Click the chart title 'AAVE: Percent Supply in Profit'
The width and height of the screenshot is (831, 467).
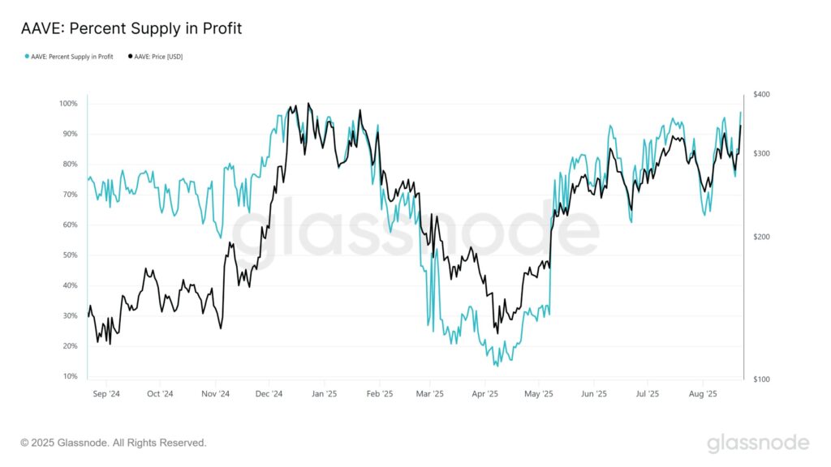pyautogui.click(x=131, y=28)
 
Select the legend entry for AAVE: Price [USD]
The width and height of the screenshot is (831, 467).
pyautogui.click(x=155, y=57)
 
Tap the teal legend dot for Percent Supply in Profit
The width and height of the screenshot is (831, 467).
pyautogui.click(x=28, y=57)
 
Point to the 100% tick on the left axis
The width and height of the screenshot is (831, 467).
pyautogui.click(x=67, y=104)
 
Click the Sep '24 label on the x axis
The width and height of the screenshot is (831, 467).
pyautogui.click(x=106, y=395)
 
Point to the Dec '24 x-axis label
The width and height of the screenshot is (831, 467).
pyautogui.click(x=269, y=395)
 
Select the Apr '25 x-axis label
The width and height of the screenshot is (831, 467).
pyautogui.click(x=484, y=395)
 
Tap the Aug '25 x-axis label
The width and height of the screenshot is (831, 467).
pyautogui.click(x=703, y=395)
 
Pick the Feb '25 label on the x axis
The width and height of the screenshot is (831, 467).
pyautogui.click(x=380, y=395)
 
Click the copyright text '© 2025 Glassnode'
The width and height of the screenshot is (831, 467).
pyautogui.click(x=114, y=443)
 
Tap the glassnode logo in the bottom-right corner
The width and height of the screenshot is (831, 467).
pyautogui.click(x=758, y=443)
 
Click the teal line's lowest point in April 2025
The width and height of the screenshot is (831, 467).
pyautogui.click(x=496, y=366)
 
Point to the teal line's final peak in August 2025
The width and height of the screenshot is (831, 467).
pyautogui.click(x=740, y=112)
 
